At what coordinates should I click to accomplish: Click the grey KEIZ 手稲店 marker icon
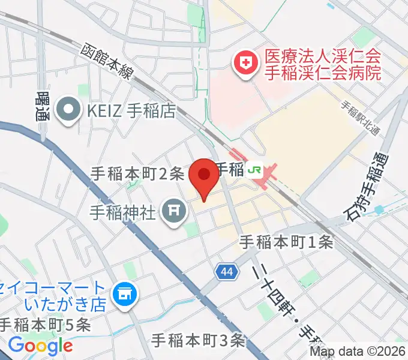(x=68, y=109)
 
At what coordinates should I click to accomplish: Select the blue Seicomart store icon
(x=126, y=294)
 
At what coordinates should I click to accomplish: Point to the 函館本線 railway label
(x=109, y=62)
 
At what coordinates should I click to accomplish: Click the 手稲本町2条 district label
(x=137, y=173)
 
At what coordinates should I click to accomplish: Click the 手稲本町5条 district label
(x=45, y=325)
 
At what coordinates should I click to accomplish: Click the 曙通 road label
(x=43, y=106)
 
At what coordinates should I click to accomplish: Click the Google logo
(x=41, y=345)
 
